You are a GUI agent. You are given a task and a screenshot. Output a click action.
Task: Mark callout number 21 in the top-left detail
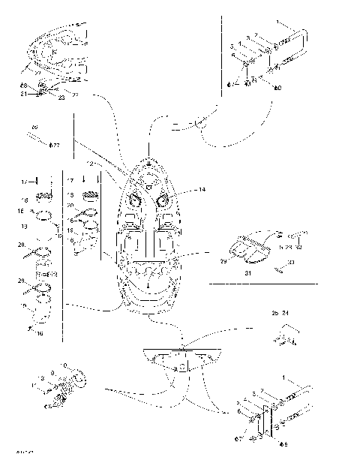coord(23,94)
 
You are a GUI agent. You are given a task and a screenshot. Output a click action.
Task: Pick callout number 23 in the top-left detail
coord(61,97)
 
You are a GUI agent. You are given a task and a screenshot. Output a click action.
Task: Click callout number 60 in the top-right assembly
coord(279,89)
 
